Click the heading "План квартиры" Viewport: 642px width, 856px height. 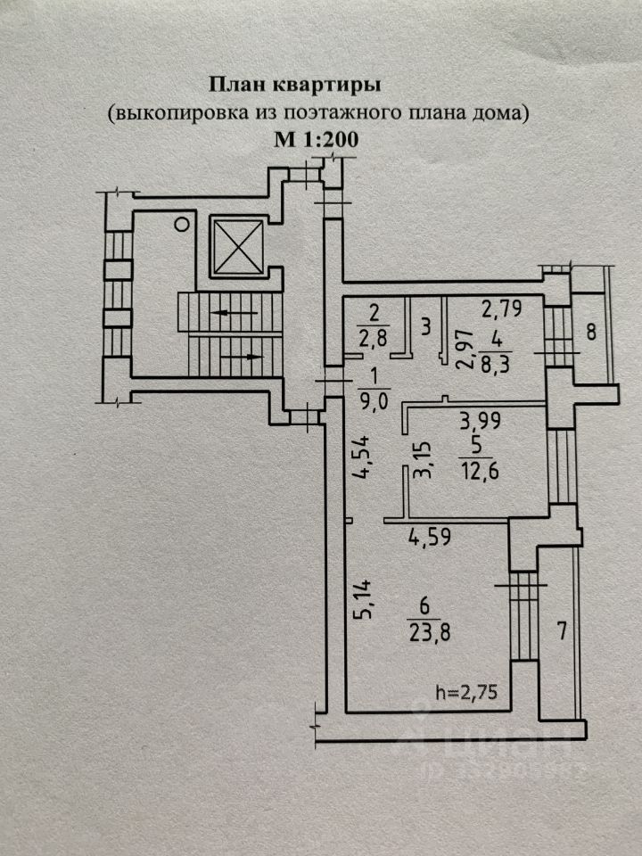tap(295, 85)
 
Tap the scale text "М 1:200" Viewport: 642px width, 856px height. tap(316, 140)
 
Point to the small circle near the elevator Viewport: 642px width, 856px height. tap(182, 224)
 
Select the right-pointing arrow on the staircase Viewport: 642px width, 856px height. tap(241, 357)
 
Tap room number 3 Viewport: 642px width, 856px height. tap(426, 327)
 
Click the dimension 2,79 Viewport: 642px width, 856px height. tap(502, 309)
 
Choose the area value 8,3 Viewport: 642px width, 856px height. tap(496, 362)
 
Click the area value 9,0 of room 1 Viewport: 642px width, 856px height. tap(374, 400)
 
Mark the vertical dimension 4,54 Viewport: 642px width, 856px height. tap(361, 457)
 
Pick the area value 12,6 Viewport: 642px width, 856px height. tap(479, 469)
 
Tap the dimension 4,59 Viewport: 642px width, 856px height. tap(430, 537)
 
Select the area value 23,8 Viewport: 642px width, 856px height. tap(429, 633)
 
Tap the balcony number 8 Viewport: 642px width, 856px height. tap(591, 333)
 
